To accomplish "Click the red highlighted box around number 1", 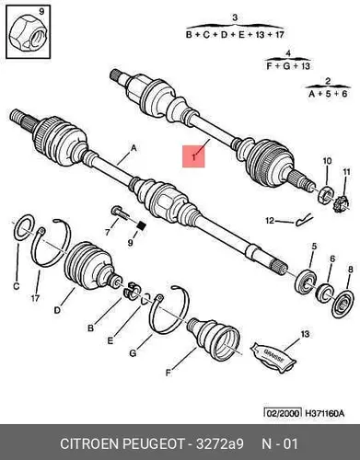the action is point(193,156).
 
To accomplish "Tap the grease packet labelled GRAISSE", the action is point(273,358).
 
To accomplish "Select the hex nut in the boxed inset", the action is point(27,36).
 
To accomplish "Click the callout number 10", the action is point(327,160).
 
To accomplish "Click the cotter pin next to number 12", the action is point(304,220).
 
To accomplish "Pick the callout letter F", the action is point(168,373).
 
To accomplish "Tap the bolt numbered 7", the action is point(119,213).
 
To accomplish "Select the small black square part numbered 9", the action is point(142,226).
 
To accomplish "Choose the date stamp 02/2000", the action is point(283,413).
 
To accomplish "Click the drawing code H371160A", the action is point(324,413).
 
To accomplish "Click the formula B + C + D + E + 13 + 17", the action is point(235,34).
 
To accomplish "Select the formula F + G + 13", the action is point(288,65).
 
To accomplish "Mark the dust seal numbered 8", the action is point(343,305).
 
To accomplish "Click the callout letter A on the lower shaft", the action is point(134,148).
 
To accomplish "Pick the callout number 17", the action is point(35,298).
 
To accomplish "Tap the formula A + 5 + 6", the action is point(328,93).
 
